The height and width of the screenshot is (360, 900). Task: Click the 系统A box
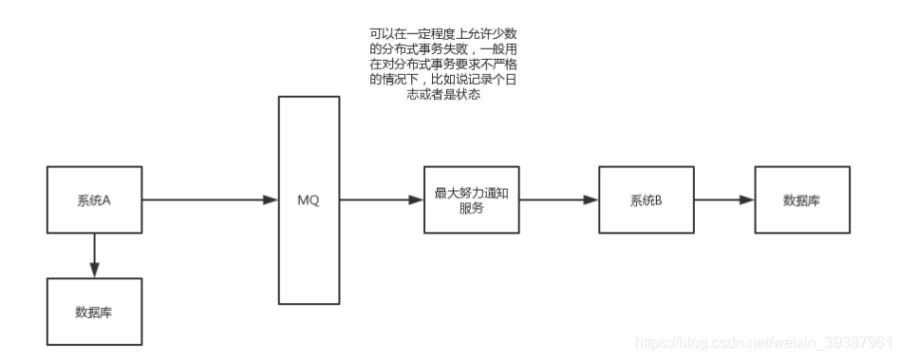tap(94, 200)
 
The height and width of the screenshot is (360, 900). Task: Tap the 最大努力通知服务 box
tap(472, 200)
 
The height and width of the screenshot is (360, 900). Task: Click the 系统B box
tap(647, 200)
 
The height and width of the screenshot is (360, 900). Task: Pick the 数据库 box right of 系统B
tap(802, 200)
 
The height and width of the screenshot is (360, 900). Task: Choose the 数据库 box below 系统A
tap(94, 312)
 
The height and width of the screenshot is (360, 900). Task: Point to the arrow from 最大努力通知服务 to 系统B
tap(559, 200)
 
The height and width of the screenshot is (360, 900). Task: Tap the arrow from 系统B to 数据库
tap(723, 200)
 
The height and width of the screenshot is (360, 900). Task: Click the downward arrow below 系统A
tap(94, 255)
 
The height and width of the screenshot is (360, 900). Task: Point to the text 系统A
tap(94, 200)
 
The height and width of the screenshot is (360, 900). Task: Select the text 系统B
tap(646, 200)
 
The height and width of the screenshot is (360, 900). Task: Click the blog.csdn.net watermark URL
tap(764, 340)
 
